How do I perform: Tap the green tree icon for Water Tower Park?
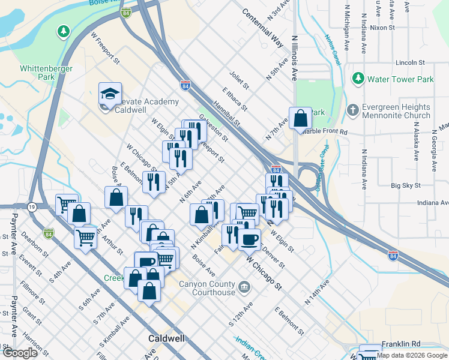pyautogui.click(x=358, y=79)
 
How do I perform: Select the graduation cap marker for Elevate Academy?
pyautogui.click(x=110, y=94)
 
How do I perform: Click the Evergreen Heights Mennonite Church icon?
pyautogui.click(x=353, y=111)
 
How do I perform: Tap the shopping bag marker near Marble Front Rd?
pyautogui.click(x=300, y=119)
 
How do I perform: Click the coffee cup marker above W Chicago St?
pyautogui.click(x=249, y=239)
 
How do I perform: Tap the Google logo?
pyautogui.click(x=20, y=352)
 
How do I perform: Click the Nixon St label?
pyautogui.click(x=382, y=28)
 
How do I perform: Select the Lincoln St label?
pyautogui.click(x=410, y=62)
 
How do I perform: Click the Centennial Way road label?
pyautogui.click(x=262, y=28)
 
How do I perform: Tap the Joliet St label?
pyautogui.click(x=239, y=82)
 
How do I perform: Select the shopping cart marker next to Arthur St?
pyautogui.click(x=85, y=238)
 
